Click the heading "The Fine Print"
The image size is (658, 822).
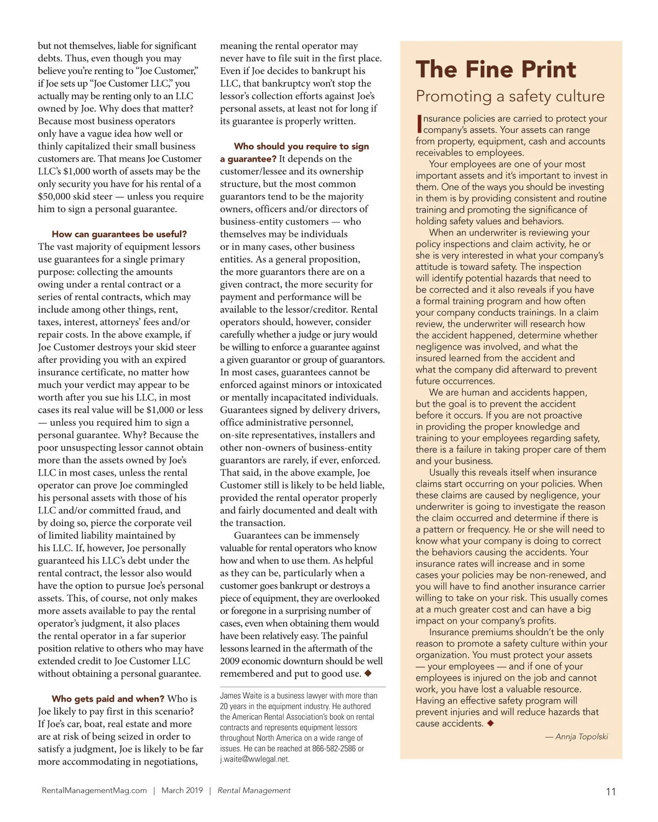pos(496,70)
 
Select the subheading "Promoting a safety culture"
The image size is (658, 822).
pos(510,96)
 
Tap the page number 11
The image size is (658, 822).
pos(611,791)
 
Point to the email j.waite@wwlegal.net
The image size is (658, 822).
pos(254,759)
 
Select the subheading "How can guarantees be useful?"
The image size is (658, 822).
pos(119,234)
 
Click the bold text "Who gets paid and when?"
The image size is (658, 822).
pos(108,699)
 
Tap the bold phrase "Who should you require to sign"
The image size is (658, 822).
pos(301,146)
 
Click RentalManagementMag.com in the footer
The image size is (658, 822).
pos(94,790)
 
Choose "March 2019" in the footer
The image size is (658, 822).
pos(182,790)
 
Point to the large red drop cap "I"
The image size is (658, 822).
pos(419,124)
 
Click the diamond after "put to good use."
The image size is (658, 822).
pos(368,673)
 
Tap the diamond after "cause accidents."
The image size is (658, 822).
pos(490,723)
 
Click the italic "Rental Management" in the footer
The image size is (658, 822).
pos(254,790)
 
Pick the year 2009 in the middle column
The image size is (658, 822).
pos(230,661)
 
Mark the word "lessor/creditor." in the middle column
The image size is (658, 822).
pos(315,310)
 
